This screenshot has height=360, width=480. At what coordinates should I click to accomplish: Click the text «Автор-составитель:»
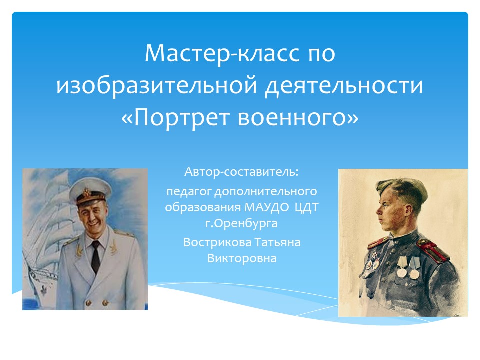click(241, 172)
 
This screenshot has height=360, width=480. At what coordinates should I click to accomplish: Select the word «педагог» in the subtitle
click(189, 192)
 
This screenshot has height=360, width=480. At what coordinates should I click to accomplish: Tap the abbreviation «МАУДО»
click(266, 207)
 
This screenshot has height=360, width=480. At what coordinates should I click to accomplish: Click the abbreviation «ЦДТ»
click(306, 207)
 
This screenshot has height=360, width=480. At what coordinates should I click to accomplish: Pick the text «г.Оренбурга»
click(241, 224)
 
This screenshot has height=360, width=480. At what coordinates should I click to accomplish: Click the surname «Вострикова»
click(217, 242)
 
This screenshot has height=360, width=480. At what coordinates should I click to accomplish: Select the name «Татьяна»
click(277, 242)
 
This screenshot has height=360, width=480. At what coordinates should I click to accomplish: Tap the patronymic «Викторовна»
click(242, 258)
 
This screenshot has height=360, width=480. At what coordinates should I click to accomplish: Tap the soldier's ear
click(408, 211)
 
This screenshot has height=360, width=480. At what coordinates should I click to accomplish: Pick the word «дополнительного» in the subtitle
click(265, 192)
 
